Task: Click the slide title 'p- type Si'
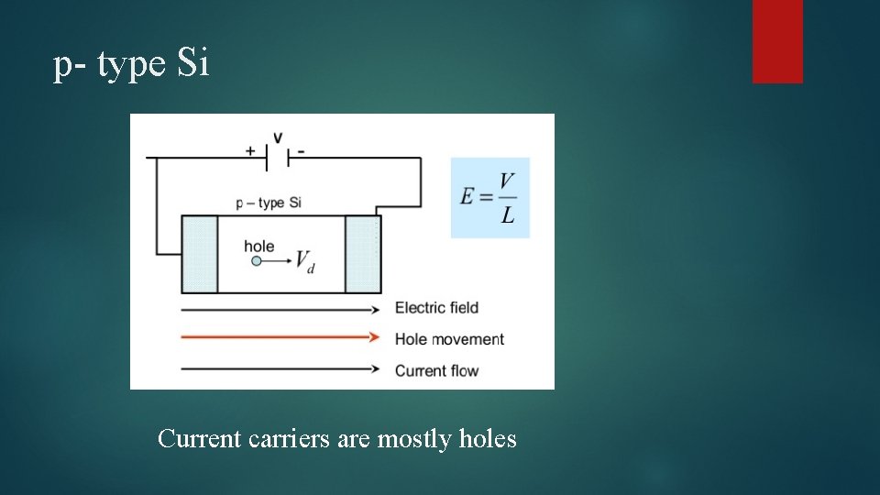click(132, 65)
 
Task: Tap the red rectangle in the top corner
click(777, 40)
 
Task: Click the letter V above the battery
click(277, 137)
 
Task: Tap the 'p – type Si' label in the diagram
click(268, 203)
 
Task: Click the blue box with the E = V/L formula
click(489, 198)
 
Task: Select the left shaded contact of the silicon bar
click(199, 254)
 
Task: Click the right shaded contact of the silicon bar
click(362, 254)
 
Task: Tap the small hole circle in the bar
click(257, 261)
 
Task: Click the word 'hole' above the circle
click(258, 246)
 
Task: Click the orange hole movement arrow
click(280, 337)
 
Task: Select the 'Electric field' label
click(436, 308)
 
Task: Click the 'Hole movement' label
click(449, 339)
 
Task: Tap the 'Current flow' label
click(437, 370)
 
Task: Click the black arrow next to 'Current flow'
click(280, 368)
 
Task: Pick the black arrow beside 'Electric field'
click(280, 309)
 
